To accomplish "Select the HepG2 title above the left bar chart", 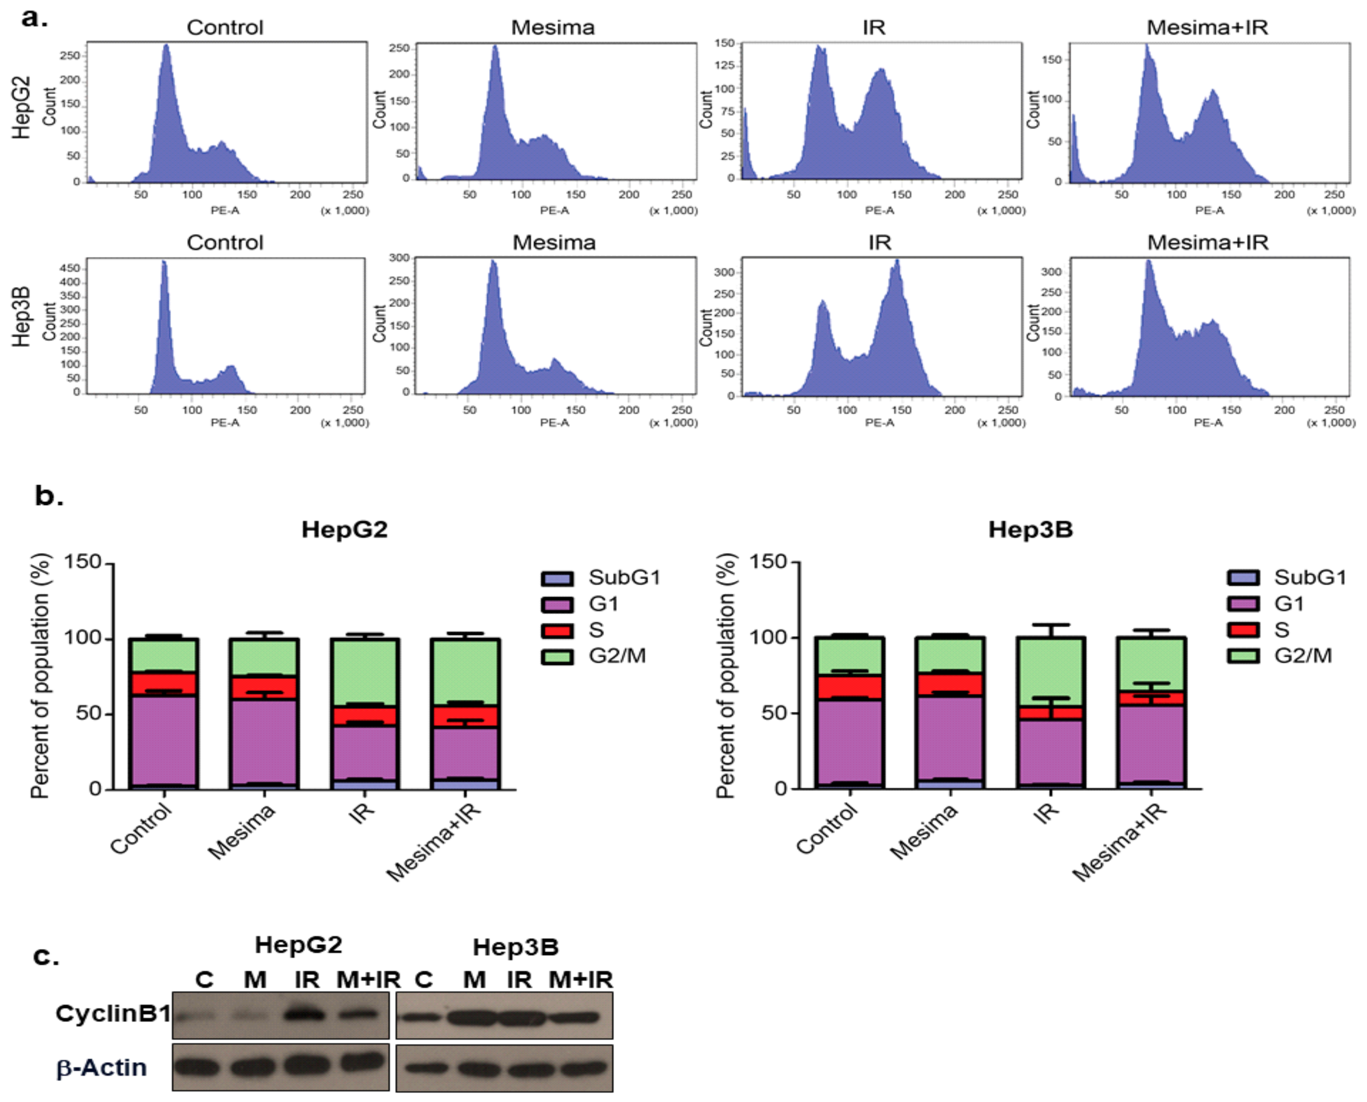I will click(344, 529).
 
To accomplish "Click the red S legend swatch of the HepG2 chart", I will click(557, 630).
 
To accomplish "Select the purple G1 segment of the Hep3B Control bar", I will click(850, 743).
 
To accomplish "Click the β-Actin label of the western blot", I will click(101, 1068).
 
